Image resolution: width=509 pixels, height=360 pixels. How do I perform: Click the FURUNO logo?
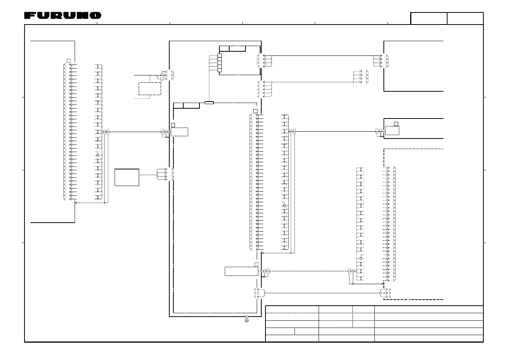(63, 15)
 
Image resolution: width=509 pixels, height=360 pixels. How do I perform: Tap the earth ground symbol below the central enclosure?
(247, 320)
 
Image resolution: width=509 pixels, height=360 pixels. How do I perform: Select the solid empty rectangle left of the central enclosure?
(127, 177)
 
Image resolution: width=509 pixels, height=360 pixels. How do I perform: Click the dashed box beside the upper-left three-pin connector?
(150, 88)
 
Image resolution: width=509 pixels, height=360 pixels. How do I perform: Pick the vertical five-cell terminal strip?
(219, 63)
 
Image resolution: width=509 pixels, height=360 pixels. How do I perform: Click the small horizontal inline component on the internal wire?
(209, 102)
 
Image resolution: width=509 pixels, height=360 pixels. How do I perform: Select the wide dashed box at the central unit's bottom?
(241, 271)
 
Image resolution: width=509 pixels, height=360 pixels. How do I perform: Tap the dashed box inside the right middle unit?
(392, 131)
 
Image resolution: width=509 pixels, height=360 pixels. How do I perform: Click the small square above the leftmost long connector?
(69, 60)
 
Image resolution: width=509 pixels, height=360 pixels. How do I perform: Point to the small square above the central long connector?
(255, 111)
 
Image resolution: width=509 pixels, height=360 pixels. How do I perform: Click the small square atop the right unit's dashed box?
(396, 124)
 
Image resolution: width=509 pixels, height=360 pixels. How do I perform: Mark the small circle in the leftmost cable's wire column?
(98, 155)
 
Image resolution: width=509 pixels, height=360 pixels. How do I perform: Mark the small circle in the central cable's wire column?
(284, 205)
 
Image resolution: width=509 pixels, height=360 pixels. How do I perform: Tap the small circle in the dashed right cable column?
(361, 258)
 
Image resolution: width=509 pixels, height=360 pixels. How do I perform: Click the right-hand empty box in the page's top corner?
(465, 18)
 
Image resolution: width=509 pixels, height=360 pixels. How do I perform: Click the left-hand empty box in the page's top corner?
(429, 18)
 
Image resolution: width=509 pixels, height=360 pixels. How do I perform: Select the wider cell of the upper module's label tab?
(237, 48)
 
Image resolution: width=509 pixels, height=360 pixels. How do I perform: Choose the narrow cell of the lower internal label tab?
(178, 105)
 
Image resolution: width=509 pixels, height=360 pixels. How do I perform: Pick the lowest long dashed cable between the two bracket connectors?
(322, 292)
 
